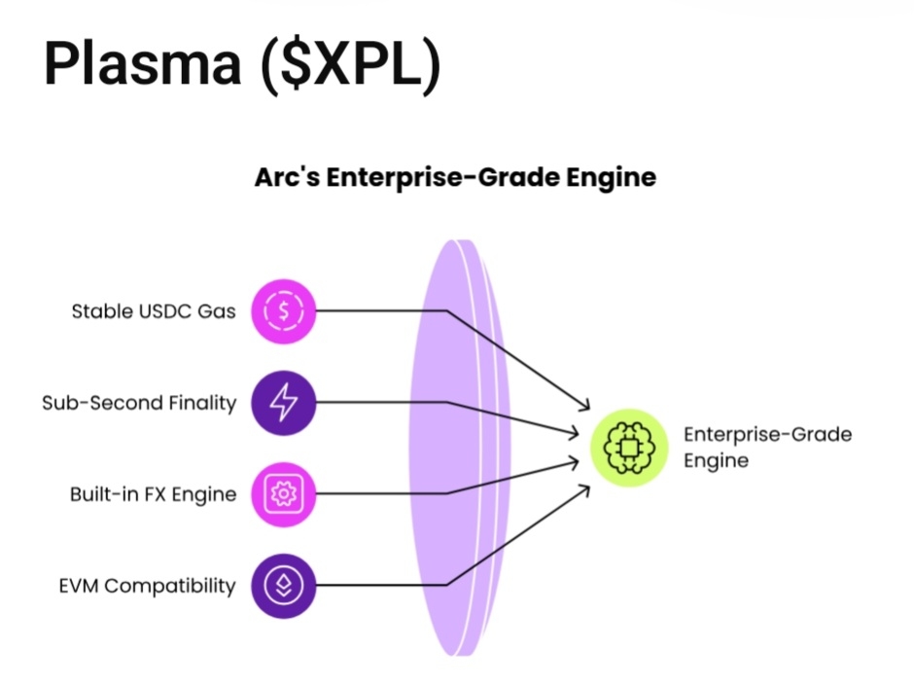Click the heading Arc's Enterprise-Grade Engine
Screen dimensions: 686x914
pos(455,178)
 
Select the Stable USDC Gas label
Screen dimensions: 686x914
pos(154,312)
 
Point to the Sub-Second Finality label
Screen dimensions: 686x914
pos(139,403)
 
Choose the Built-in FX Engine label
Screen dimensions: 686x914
pos(153,494)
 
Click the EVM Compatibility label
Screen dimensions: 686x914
pos(147,586)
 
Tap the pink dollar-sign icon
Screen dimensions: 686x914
pos(284,311)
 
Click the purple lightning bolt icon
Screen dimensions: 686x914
pos(284,403)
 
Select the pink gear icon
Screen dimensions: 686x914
pos(284,494)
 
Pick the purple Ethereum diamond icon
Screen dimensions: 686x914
pos(284,586)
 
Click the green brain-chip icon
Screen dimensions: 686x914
pos(629,448)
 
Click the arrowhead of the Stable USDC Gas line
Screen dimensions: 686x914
pos(585,407)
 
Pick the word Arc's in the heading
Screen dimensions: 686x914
pos(283,178)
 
